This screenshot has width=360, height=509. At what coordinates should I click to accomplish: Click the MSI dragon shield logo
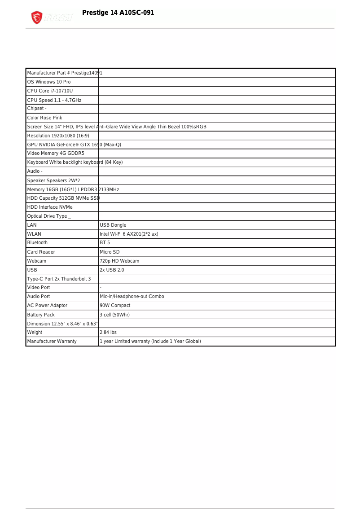point(36,18)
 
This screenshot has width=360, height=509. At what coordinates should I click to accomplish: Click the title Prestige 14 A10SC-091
point(118,13)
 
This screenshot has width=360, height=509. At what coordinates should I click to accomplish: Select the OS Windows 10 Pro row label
point(49,82)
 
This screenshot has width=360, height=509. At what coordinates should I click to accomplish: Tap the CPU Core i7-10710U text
point(50,91)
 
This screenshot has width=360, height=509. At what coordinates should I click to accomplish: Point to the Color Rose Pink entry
point(45,118)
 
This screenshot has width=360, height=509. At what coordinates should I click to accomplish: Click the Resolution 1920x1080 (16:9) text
point(58,136)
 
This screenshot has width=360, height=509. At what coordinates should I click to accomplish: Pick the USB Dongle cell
point(113,225)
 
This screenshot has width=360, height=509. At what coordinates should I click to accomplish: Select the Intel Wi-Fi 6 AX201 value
point(129,234)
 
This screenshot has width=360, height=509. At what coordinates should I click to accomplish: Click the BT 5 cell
point(105,243)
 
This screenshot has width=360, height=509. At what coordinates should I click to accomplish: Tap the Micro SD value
point(110,252)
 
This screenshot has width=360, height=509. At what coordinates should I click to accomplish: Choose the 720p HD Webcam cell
point(119,261)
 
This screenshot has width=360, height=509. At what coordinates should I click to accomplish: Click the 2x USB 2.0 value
point(112,270)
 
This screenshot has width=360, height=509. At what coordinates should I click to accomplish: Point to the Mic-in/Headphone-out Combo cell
point(132,297)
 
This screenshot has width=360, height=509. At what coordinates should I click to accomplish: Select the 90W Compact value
point(115,306)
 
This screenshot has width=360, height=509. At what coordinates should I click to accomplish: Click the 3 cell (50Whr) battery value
point(114,315)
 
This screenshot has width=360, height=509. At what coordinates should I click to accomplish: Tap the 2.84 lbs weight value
point(108,333)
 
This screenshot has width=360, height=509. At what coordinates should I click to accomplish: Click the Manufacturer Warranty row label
point(52,342)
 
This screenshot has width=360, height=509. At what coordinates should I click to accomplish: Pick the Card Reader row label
point(41,252)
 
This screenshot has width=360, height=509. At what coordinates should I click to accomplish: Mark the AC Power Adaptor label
point(48,306)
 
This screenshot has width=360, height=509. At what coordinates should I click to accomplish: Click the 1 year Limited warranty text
point(150,342)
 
